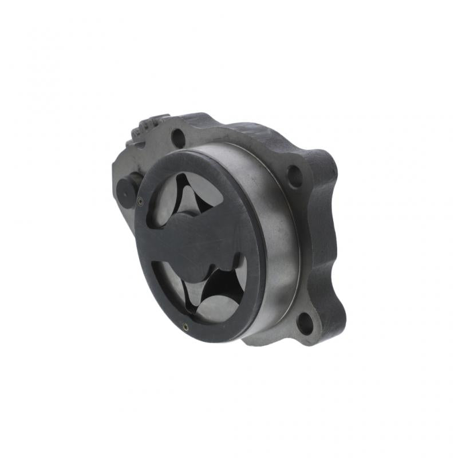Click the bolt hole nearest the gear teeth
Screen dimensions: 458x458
click(x=179, y=137)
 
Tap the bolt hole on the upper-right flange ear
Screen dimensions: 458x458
click(x=294, y=175)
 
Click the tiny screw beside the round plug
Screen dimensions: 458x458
click(x=140, y=200)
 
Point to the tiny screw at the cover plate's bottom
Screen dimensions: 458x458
click(x=185, y=327)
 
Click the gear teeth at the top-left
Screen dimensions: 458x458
click(x=151, y=123)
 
